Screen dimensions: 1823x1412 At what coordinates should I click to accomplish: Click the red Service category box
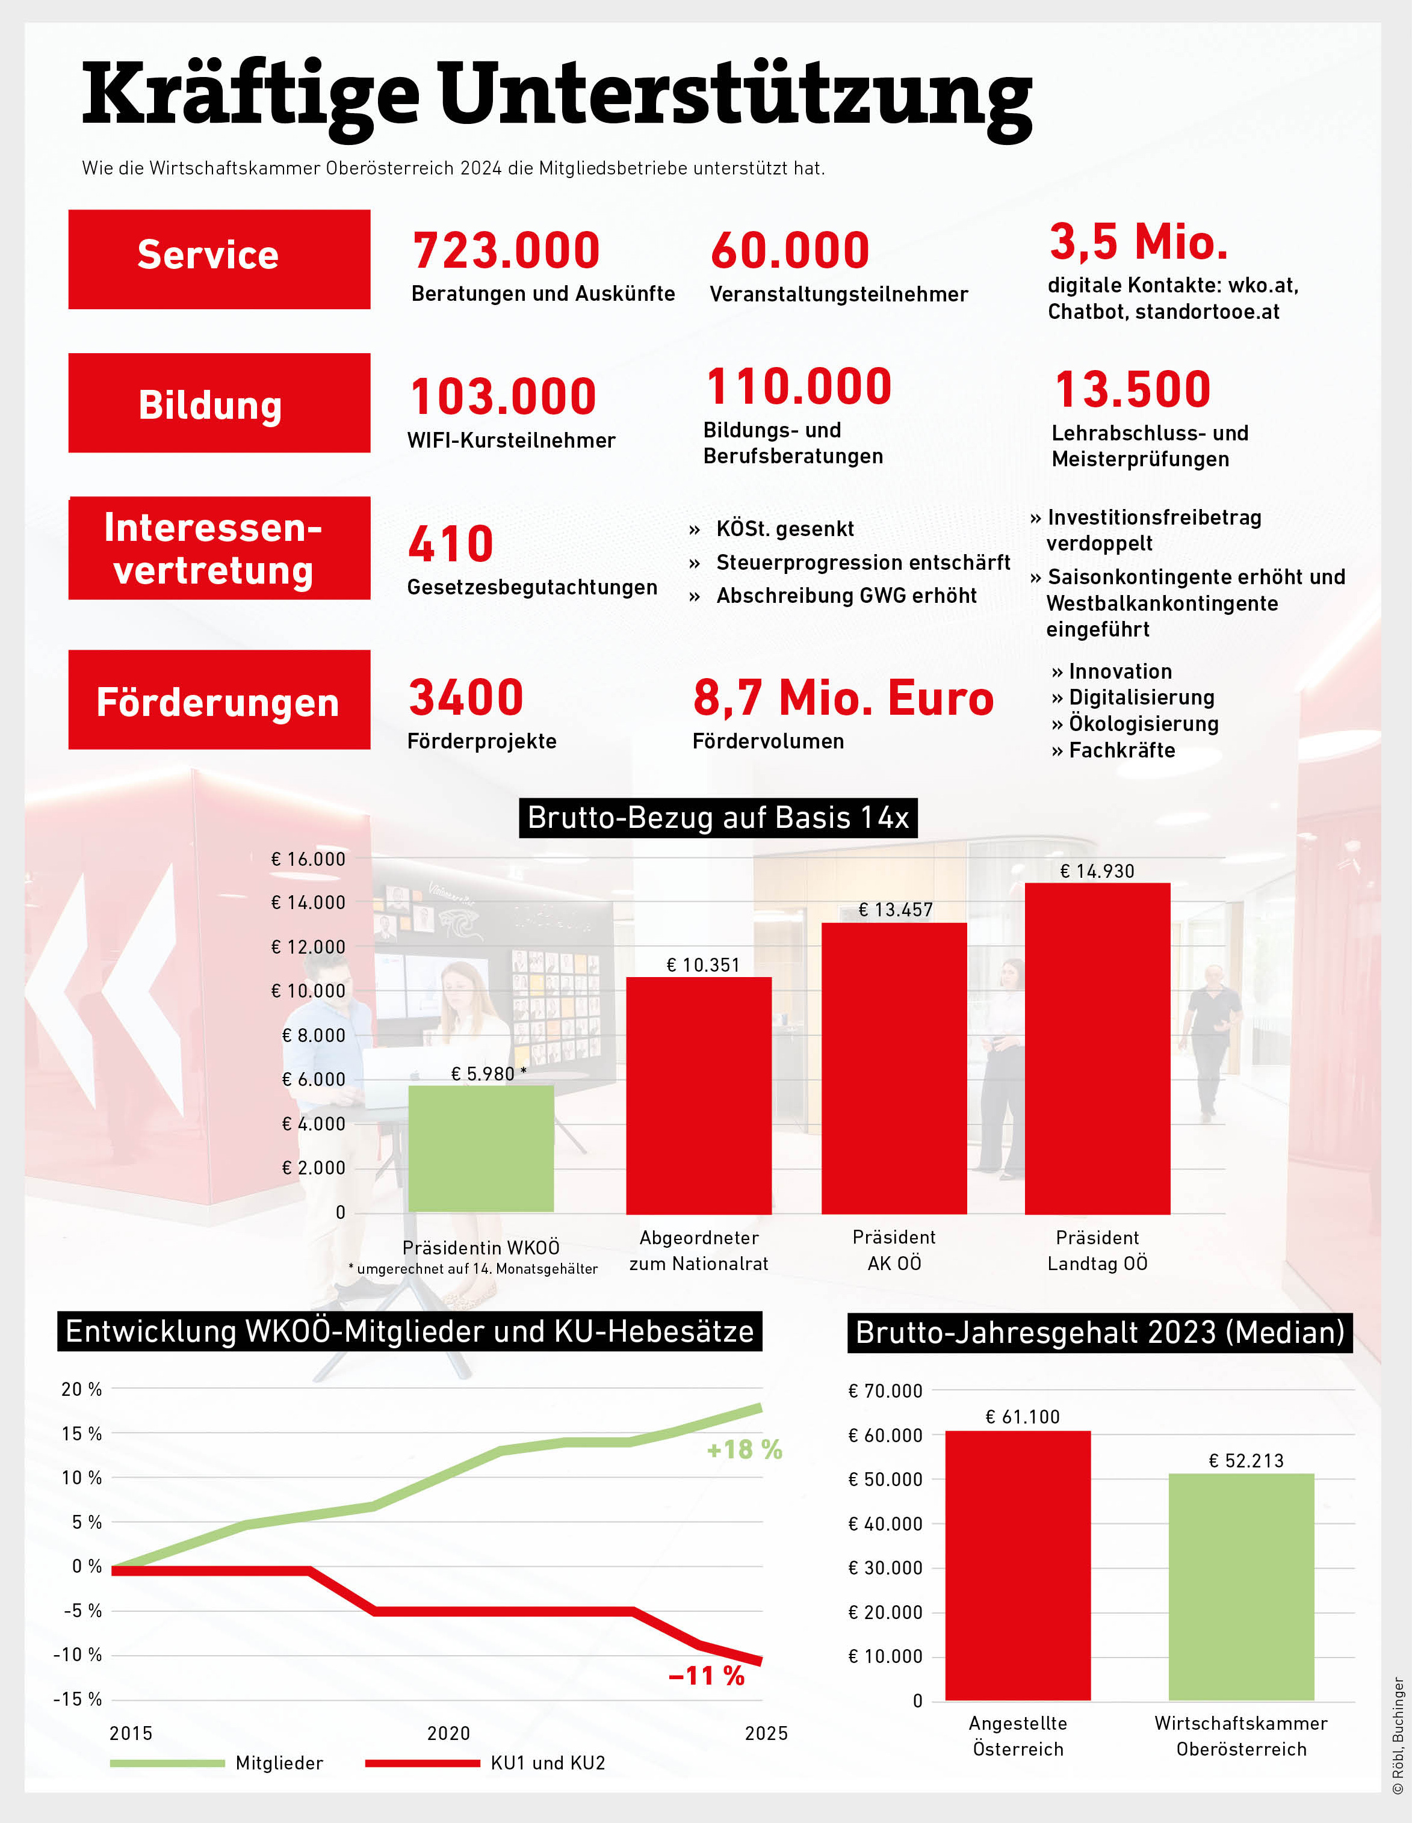pyautogui.click(x=218, y=259)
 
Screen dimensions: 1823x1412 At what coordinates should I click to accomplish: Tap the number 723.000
pyautogui.click(x=506, y=250)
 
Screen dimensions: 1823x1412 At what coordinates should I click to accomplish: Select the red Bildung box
pyautogui.click(x=218, y=403)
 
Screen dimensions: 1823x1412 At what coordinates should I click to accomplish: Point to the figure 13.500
pyautogui.click(x=1132, y=390)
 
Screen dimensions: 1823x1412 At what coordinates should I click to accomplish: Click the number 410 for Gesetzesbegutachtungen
pyautogui.click(x=451, y=544)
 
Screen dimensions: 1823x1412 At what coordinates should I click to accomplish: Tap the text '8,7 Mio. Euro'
pyautogui.click(x=843, y=698)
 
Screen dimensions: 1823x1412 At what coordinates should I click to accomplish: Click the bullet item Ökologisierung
pyautogui.click(x=1142, y=724)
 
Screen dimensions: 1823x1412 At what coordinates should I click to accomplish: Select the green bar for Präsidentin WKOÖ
pyautogui.click(x=481, y=1149)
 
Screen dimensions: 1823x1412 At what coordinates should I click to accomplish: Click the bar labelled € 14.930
pyautogui.click(x=1097, y=1049)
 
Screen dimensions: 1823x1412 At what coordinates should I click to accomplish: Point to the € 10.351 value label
pyautogui.click(x=703, y=965)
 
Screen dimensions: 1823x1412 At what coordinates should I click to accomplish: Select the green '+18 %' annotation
pyautogui.click(x=744, y=1450)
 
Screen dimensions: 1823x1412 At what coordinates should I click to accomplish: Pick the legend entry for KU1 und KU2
pyautogui.click(x=547, y=1763)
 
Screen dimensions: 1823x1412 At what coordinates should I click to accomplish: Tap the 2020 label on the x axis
pyautogui.click(x=448, y=1734)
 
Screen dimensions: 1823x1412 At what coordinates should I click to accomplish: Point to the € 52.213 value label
pyautogui.click(x=1246, y=1461)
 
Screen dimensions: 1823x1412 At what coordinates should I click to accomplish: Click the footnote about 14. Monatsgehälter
pyautogui.click(x=474, y=1269)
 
